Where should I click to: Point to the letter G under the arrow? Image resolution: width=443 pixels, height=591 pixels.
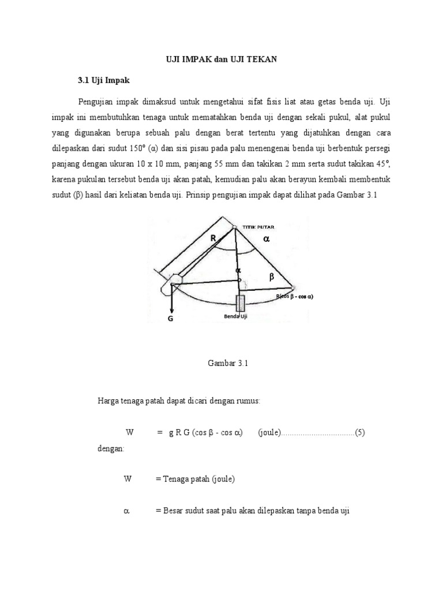point(170,317)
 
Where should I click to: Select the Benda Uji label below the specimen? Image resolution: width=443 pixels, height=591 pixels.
point(235,316)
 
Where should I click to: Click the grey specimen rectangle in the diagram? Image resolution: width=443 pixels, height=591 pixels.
point(240,304)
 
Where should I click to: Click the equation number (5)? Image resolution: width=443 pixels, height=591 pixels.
point(361,432)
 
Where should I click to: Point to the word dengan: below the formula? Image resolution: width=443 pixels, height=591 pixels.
point(111,448)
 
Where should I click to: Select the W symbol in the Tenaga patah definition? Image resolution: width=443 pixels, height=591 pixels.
point(128,479)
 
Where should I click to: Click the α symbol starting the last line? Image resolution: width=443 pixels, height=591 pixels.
point(127,511)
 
